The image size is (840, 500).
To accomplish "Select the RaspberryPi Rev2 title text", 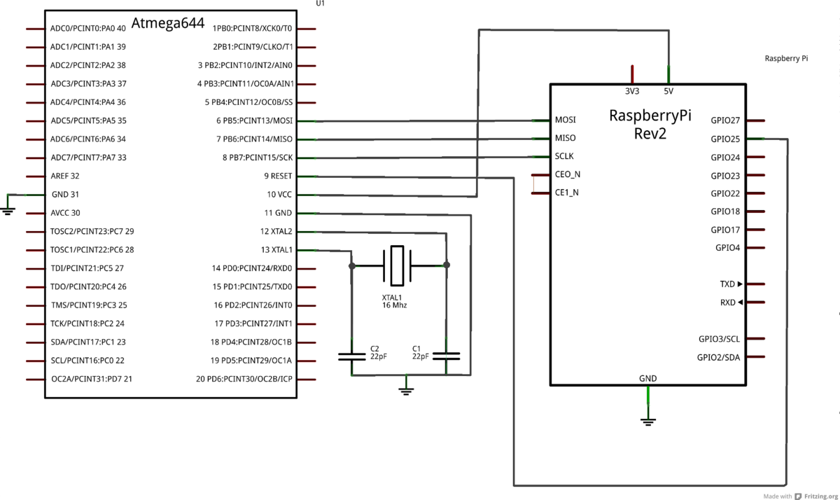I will pyautogui.click(x=650, y=124).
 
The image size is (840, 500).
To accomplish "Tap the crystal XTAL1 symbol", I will pyautogui.click(x=398, y=265).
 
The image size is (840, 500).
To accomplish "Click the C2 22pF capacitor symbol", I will pyautogui.click(x=351, y=356).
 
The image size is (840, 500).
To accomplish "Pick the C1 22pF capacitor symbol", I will pyautogui.click(x=447, y=356).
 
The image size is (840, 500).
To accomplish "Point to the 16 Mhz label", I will pyautogui.click(x=394, y=305).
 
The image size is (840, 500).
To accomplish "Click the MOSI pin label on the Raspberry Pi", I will pyautogui.click(x=566, y=120).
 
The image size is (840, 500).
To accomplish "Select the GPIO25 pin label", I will pyautogui.click(x=725, y=139).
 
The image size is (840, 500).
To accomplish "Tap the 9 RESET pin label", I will pyautogui.click(x=278, y=176).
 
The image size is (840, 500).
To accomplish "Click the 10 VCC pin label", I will pyautogui.click(x=279, y=195).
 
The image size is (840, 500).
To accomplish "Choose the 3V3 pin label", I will pyautogui.click(x=631, y=91).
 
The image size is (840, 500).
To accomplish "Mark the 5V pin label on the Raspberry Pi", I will pyautogui.click(x=668, y=91).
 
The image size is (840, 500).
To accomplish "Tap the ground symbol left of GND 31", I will pyautogui.click(x=8, y=209).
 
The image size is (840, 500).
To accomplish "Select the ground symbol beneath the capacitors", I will pyautogui.click(x=406, y=389).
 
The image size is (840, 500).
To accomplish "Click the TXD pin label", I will pyautogui.click(x=728, y=284).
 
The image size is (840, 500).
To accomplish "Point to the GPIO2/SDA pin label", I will pyautogui.click(x=718, y=357).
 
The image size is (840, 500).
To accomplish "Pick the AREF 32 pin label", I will pyautogui.click(x=65, y=176).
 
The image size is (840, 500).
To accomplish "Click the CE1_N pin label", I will pyautogui.click(x=567, y=192).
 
